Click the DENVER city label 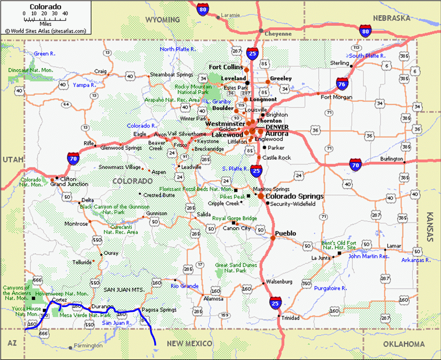tap(277, 127)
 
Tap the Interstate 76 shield tap(342, 84)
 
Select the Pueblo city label tap(286, 234)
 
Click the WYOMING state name tap(162, 20)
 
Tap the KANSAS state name tap(430, 227)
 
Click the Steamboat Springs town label tap(171, 75)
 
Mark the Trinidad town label tap(290, 318)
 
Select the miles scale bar tap(45, 18)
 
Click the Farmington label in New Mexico tap(88, 346)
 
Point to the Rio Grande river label tap(185, 286)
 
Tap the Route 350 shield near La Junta tap(306, 284)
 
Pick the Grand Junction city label tap(69, 184)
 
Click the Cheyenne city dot tap(261, 31)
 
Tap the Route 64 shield tap(66, 104)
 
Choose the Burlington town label tap(392, 159)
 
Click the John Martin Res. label tap(369, 256)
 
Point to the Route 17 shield tap(200, 264)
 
